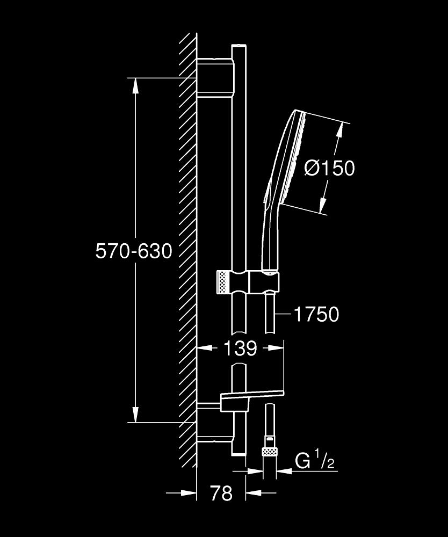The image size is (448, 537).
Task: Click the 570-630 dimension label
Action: tap(134, 251)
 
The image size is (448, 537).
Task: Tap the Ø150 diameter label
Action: tap(329, 168)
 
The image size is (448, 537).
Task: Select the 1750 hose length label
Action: tap(316, 314)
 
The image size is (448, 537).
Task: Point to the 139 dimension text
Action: tap(240, 349)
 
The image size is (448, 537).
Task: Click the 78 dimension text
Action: tap(221, 493)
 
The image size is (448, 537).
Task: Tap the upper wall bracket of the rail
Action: tap(216, 78)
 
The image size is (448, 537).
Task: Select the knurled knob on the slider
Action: tap(221, 282)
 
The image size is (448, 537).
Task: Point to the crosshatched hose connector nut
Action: tap(270, 452)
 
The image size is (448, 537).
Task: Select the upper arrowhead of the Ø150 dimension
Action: tap(340, 129)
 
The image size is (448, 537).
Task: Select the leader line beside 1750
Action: tap(284, 314)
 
